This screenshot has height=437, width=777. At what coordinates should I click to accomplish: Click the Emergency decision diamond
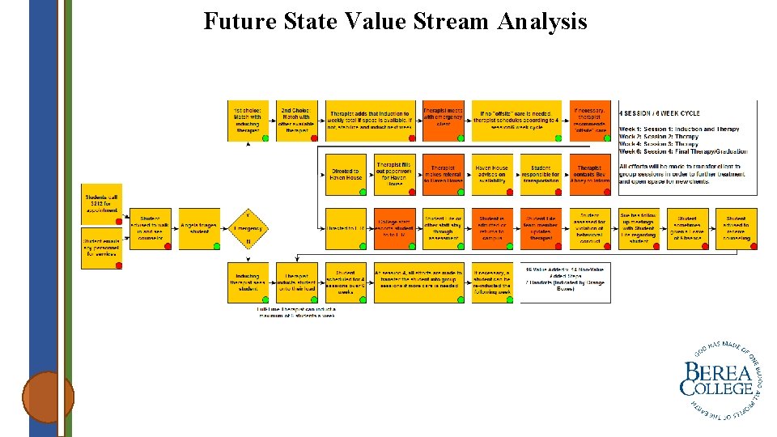(x=248, y=229)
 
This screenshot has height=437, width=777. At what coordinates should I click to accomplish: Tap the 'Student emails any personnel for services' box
(x=102, y=247)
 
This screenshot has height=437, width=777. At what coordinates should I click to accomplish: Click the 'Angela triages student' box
(x=199, y=229)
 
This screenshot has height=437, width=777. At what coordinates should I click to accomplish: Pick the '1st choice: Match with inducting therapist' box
(x=248, y=121)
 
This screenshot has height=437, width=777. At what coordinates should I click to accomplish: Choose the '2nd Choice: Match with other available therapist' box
(x=296, y=121)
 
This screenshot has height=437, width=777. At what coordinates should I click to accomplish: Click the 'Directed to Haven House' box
(x=346, y=175)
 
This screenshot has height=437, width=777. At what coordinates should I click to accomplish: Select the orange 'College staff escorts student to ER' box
(x=394, y=229)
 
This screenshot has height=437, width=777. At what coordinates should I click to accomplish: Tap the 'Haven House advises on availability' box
(x=491, y=175)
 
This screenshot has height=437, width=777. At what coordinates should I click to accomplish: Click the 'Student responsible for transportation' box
(x=541, y=175)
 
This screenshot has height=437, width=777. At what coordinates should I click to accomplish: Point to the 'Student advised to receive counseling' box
(x=736, y=229)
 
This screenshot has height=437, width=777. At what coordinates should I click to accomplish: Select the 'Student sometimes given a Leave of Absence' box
(x=687, y=229)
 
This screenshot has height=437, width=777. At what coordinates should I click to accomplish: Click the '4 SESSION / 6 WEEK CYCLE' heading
(x=660, y=113)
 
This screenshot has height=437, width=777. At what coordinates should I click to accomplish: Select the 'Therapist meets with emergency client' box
(x=443, y=121)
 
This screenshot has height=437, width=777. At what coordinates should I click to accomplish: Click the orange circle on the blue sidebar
(x=48, y=397)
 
